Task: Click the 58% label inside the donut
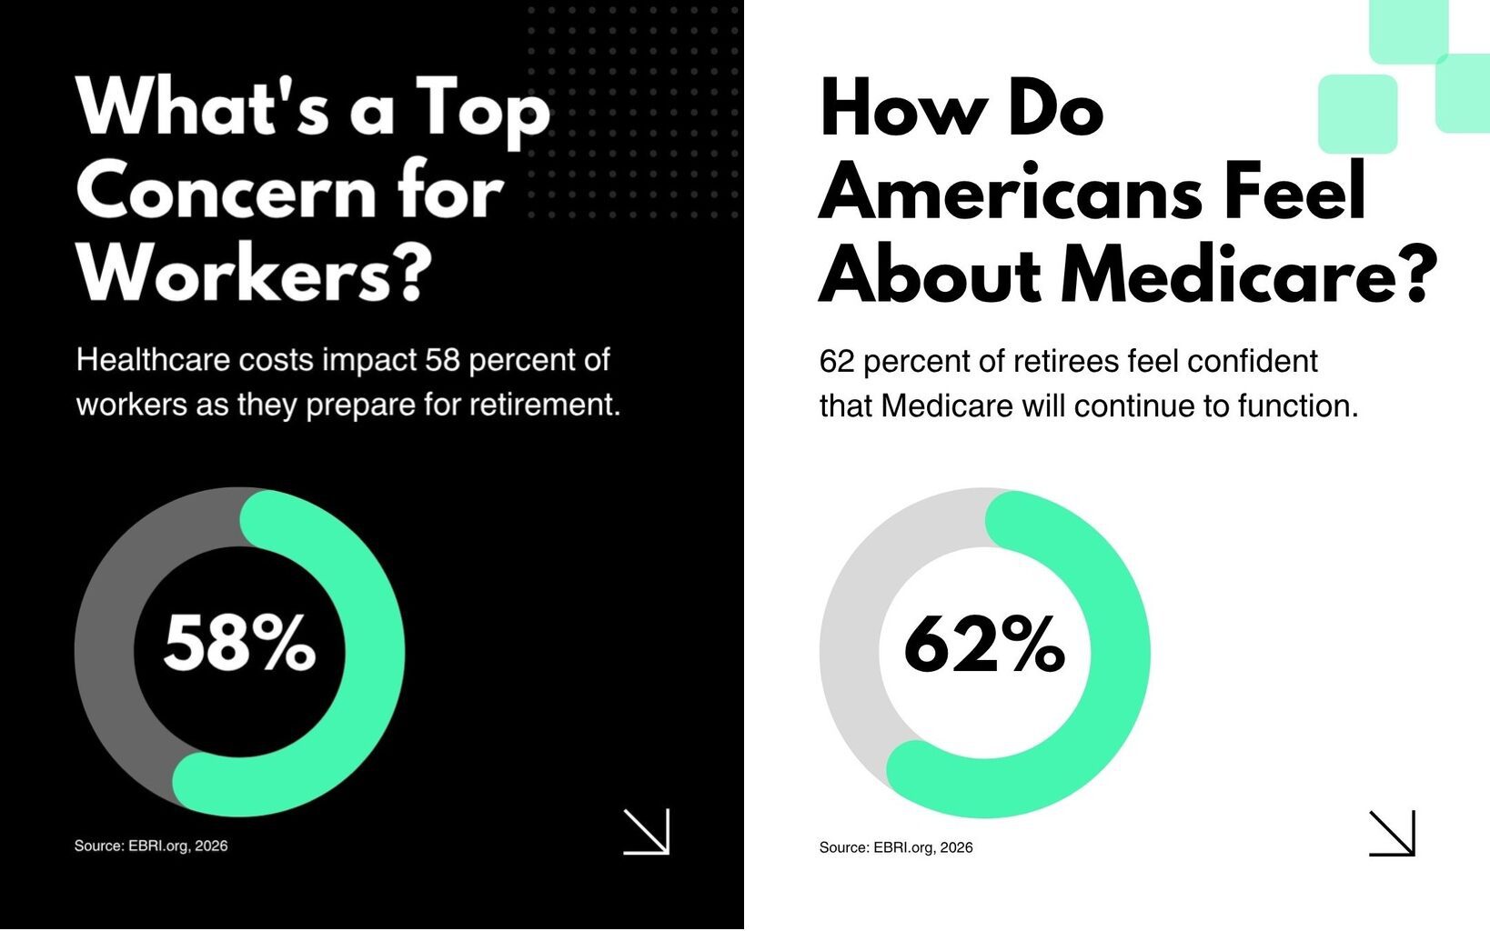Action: (239, 643)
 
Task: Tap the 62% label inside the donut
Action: (984, 644)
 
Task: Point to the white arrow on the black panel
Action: (646, 831)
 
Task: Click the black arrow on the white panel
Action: (1392, 833)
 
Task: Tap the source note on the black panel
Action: (151, 846)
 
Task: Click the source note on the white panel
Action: (896, 847)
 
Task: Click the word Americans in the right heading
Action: (1011, 192)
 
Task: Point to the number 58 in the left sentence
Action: (443, 360)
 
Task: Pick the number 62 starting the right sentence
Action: (837, 361)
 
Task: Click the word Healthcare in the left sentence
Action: (153, 360)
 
